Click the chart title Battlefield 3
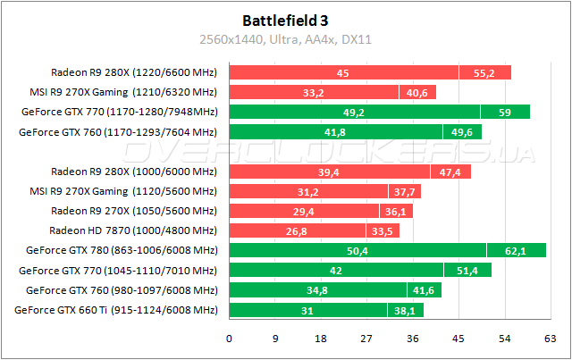click(x=286, y=19)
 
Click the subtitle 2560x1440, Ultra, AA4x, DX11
click(x=286, y=38)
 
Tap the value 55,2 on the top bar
click(x=484, y=72)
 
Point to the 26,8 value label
click(x=282, y=230)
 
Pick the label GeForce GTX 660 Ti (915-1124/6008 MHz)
click(x=116, y=310)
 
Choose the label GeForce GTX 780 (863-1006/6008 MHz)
click(x=122, y=250)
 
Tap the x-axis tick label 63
click(x=551, y=339)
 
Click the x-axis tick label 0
click(x=230, y=339)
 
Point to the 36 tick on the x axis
click(x=413, y=339)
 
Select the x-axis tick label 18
click(x=321, y=339)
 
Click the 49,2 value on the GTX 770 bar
click(x=354, y=112)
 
